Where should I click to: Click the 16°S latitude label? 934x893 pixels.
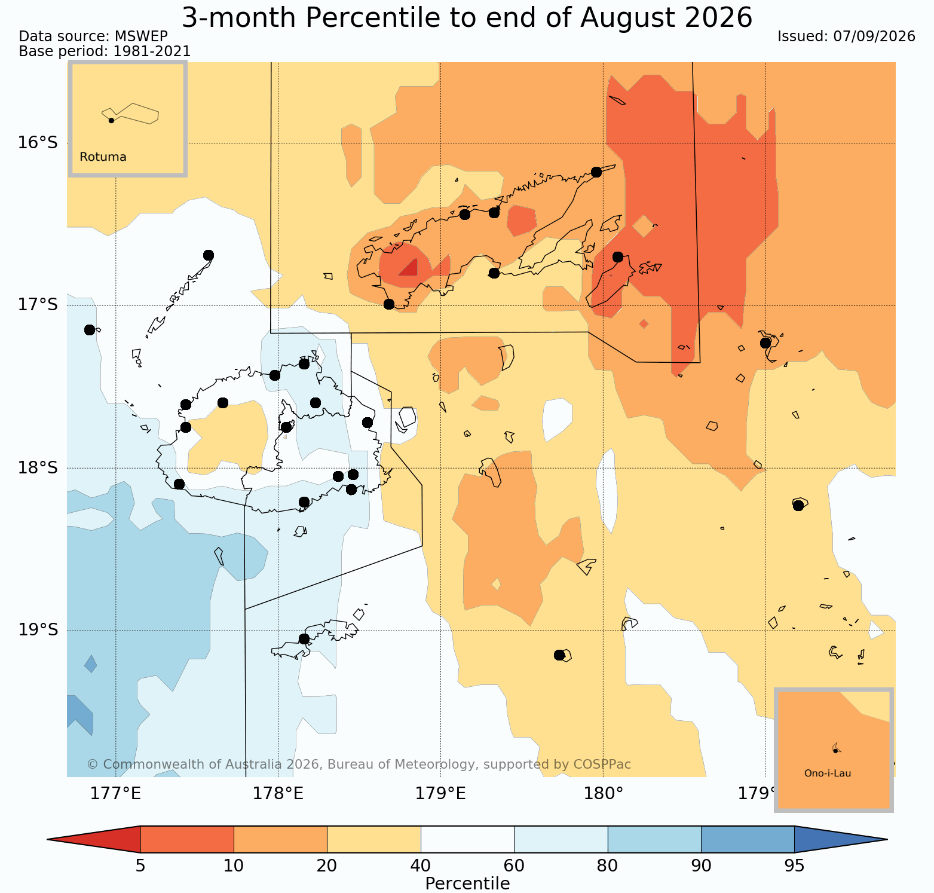click(38, 142)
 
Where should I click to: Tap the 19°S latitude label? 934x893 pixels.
click(38, 630)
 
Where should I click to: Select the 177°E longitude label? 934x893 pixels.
click(115, 794)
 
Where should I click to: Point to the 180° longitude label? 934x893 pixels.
click(603, 794)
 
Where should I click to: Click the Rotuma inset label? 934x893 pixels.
click(103, 157)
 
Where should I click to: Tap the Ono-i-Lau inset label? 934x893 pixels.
click(828, 773)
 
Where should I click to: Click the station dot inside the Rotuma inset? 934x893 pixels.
click(111, 120)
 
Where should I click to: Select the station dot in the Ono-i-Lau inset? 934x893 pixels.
click(835, 750)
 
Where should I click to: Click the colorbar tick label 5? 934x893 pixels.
click(140, 866)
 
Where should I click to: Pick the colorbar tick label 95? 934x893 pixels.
click(794, 866)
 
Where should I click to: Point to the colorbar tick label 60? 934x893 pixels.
click(514, 866)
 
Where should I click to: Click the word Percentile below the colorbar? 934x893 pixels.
click(467, 883)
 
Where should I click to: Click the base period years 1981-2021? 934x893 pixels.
click(152, 51)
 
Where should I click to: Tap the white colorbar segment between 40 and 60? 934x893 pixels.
click(467, 839)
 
